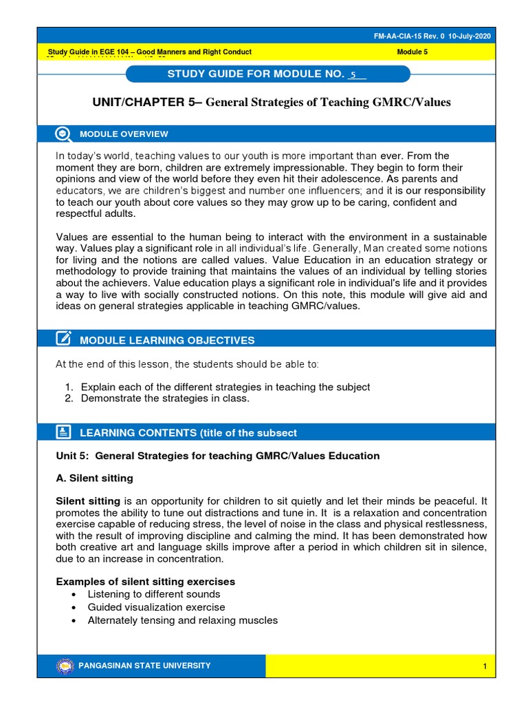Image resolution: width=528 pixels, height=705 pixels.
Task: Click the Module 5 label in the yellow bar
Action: point(412,52)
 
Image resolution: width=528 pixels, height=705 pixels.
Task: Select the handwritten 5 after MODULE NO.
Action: point(353,74)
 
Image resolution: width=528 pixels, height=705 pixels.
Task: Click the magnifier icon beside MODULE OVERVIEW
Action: point(63,134)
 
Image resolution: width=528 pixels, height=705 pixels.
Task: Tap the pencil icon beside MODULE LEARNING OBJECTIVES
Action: point(63,338)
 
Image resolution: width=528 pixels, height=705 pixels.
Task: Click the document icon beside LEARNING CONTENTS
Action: point(63,432)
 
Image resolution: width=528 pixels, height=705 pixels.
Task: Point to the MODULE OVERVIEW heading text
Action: point(124,134)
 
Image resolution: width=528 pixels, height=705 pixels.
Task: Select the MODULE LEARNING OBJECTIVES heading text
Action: point(167,340)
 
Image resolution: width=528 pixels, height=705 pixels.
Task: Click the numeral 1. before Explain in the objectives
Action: point(69,387)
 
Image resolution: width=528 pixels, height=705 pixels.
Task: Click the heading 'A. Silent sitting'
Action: point(94,478)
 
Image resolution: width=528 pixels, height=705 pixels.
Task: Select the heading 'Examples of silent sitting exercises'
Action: point(145,582)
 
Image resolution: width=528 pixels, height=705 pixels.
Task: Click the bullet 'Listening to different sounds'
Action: point(154,594)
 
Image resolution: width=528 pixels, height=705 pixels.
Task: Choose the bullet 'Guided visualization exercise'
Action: point(156,607)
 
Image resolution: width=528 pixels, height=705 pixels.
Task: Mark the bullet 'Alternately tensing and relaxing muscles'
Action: point(182,620)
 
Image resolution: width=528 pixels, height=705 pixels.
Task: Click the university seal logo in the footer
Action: point(66,666)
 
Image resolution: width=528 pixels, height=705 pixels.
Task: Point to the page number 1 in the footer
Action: point(485,666)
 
